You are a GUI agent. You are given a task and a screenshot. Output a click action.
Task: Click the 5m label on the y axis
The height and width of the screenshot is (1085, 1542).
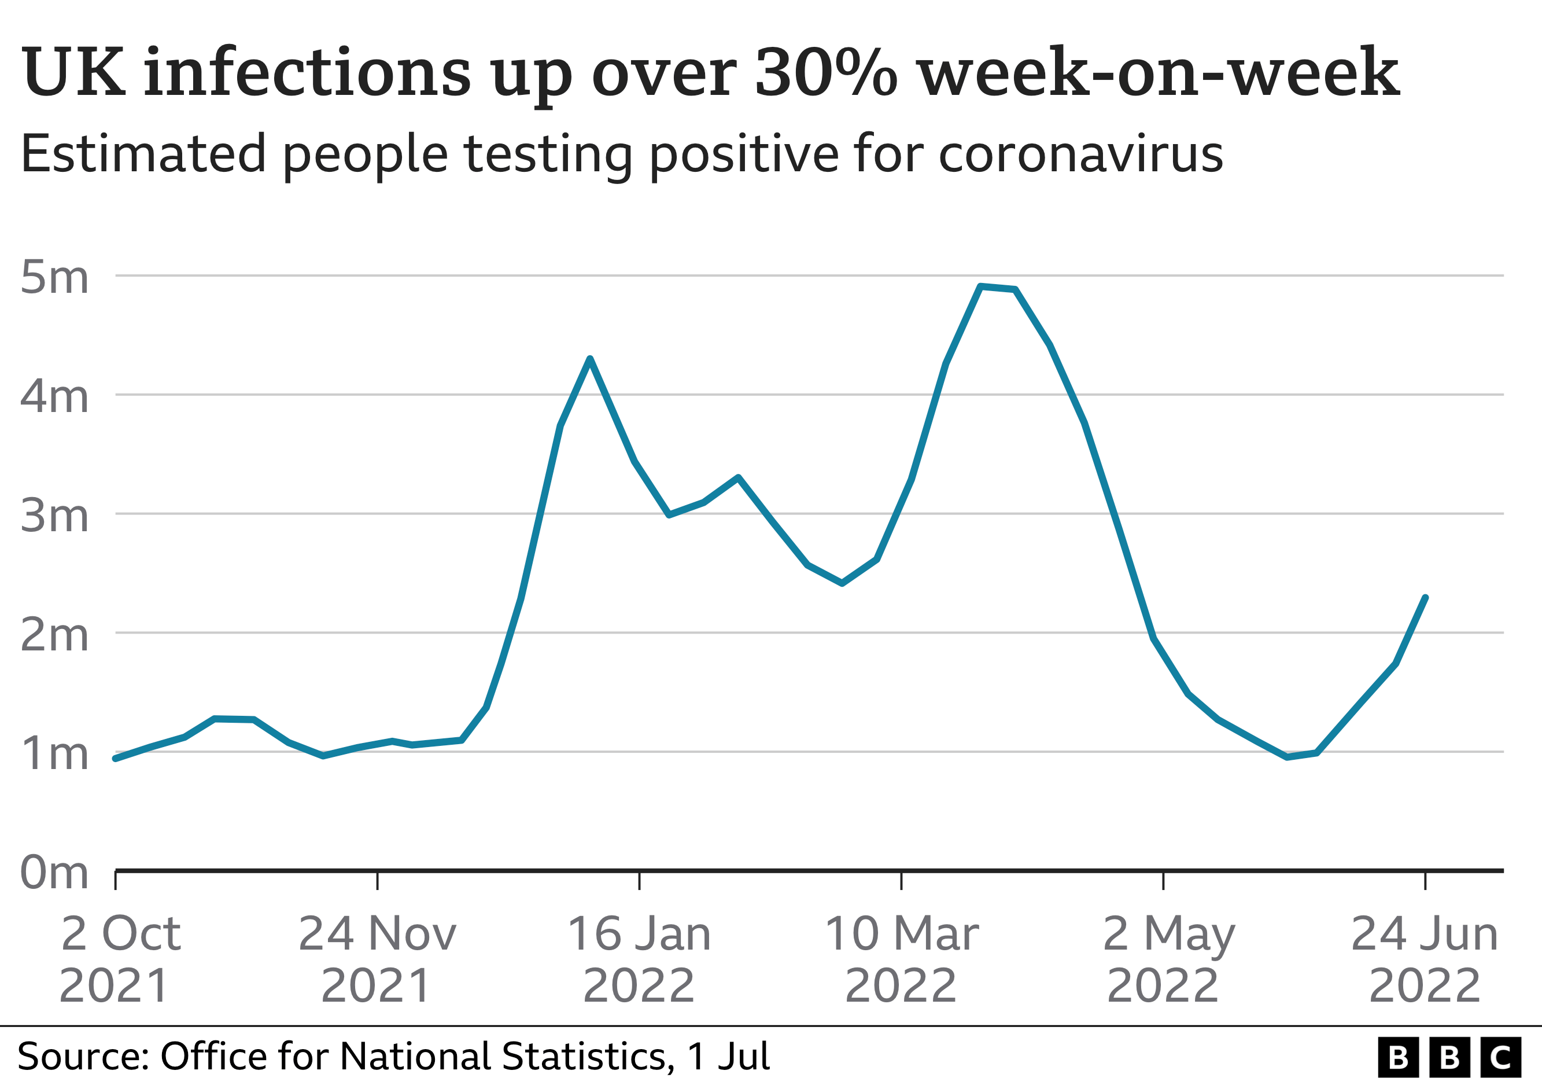point(54,277)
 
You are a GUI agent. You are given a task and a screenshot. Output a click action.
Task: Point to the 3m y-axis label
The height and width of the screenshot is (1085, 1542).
point(54,516)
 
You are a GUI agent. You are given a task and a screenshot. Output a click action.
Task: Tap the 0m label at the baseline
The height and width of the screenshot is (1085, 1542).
point(54,873)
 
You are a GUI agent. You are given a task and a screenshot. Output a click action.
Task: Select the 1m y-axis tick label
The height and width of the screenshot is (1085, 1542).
point(54,754)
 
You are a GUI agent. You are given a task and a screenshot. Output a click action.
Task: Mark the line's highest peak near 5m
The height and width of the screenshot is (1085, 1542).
point(981,286)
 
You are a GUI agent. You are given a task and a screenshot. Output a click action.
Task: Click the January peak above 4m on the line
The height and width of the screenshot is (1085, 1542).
point(589,359)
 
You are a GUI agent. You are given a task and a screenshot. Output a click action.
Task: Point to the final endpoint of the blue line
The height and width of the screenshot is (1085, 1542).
point(1425,597)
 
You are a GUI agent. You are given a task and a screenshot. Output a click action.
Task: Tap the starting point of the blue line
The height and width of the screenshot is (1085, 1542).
point(116,759)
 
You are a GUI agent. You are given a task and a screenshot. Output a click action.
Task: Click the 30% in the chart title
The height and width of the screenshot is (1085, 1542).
point(825,72)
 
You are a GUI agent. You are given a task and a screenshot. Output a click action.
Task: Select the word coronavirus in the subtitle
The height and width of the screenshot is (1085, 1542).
point(1080,155)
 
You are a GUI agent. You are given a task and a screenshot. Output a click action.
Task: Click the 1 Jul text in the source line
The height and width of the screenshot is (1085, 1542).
point(728,1057)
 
